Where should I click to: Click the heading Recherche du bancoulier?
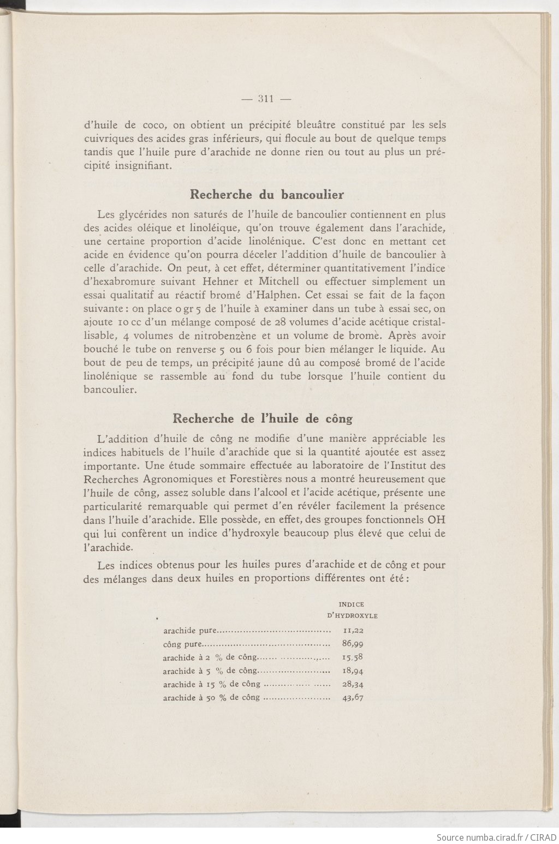coord(266,194)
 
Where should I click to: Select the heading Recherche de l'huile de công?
coord(262,418)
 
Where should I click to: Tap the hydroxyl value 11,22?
coord(353,630)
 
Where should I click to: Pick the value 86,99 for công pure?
coord(353,644)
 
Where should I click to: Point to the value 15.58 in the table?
coord(353,657)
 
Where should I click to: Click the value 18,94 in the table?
coord(353,671)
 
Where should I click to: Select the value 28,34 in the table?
coord(353,684)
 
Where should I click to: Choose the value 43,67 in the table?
coord(353,697)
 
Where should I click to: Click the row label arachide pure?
coord(190,631)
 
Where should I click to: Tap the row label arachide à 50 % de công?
coord(211,698)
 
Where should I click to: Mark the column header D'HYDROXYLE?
coord(352,616)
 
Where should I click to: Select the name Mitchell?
coord(280,282)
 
